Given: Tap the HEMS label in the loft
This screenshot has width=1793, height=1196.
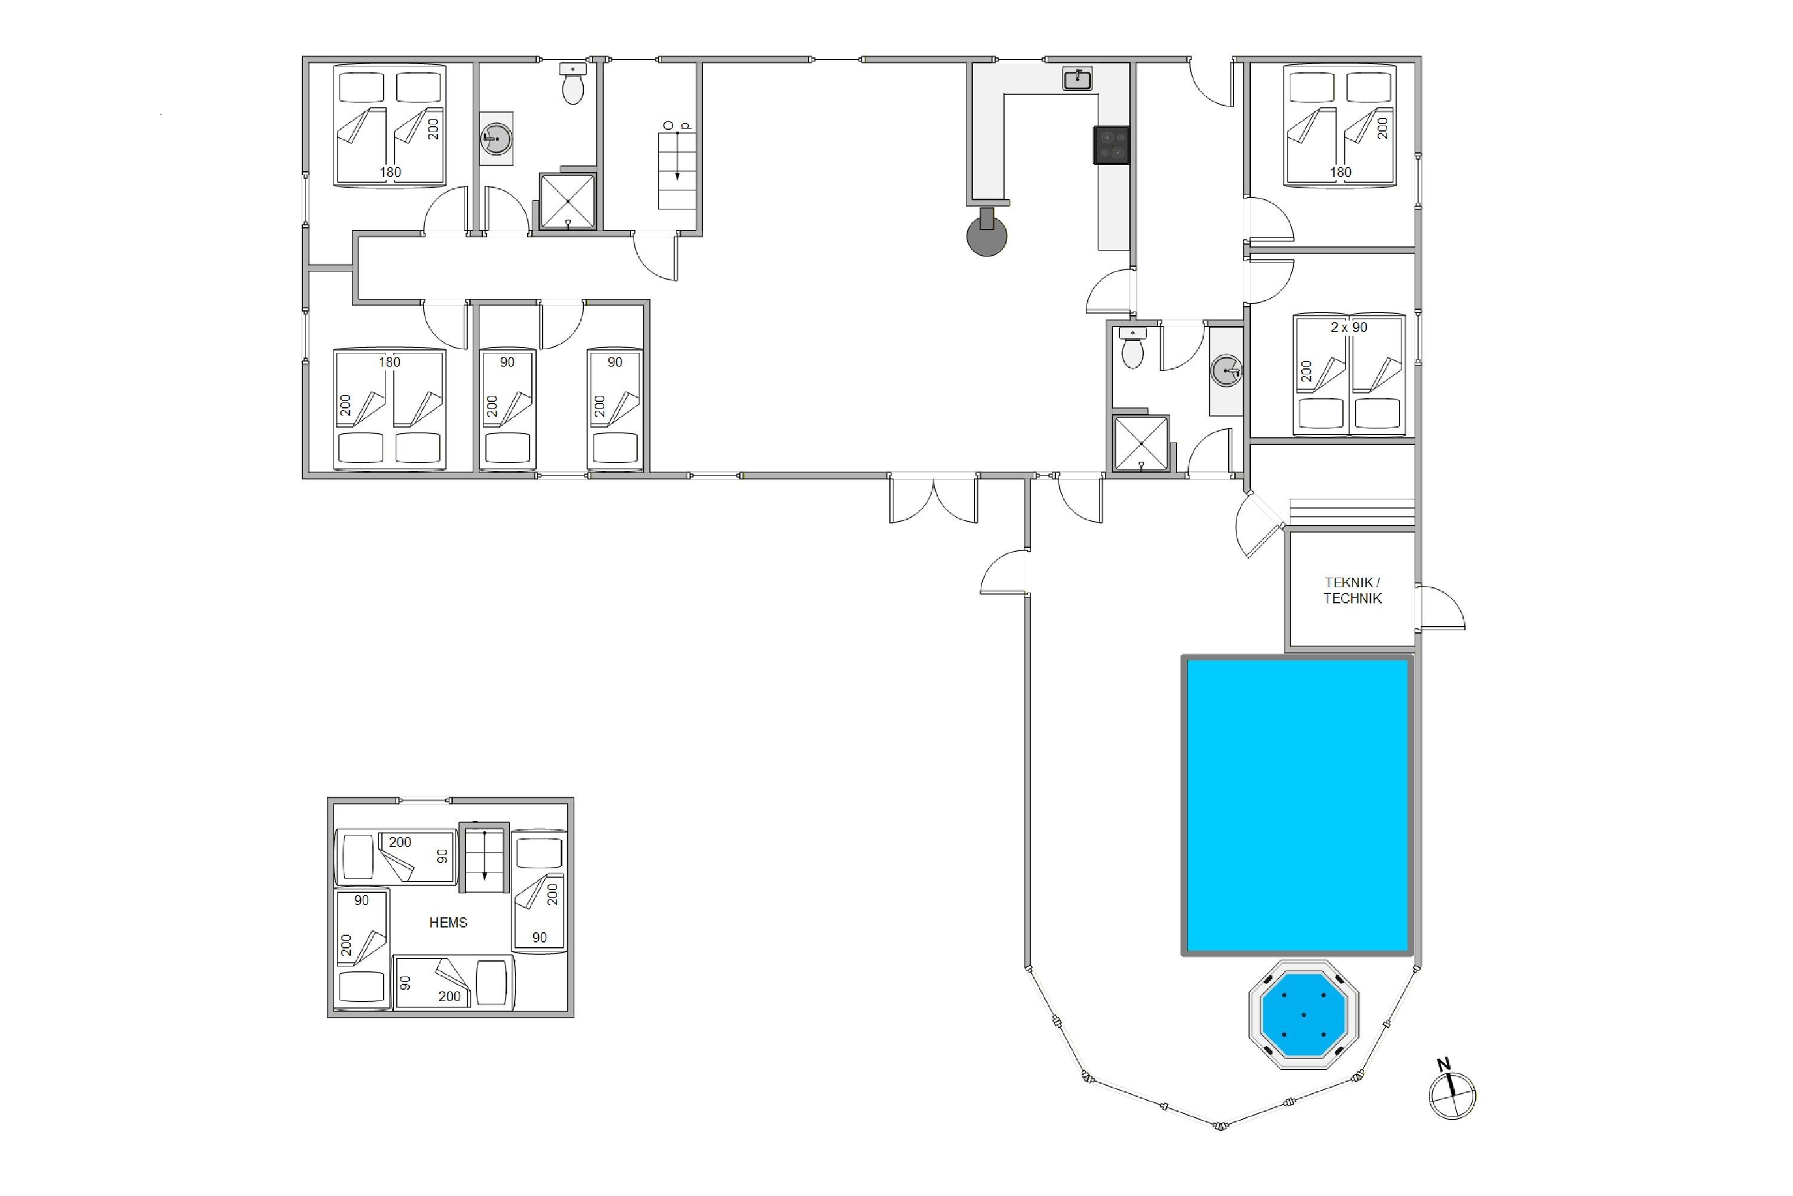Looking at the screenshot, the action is (448, 922).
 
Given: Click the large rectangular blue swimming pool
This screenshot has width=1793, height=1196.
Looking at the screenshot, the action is (1298, 805).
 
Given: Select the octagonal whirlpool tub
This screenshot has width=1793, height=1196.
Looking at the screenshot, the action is (1304, 1014).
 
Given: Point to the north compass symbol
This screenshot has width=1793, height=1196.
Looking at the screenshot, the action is (1452, 1091).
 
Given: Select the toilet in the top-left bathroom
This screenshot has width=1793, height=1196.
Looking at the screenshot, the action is (573, 83).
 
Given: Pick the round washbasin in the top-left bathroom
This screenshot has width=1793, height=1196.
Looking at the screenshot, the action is (496, 138).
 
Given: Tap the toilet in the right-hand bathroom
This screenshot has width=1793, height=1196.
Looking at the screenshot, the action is (1133, 348).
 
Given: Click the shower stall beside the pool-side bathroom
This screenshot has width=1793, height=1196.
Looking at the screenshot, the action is (1141, 443).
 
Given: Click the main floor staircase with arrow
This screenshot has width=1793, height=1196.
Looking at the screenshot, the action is (677, 169).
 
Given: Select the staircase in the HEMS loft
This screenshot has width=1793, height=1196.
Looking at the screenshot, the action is (484, 858).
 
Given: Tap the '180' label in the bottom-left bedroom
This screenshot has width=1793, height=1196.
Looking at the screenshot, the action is (390, 362).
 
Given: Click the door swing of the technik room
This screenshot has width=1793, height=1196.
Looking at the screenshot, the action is (1441, 608).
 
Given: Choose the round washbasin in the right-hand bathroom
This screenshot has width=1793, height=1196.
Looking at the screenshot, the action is (1226, 371).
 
